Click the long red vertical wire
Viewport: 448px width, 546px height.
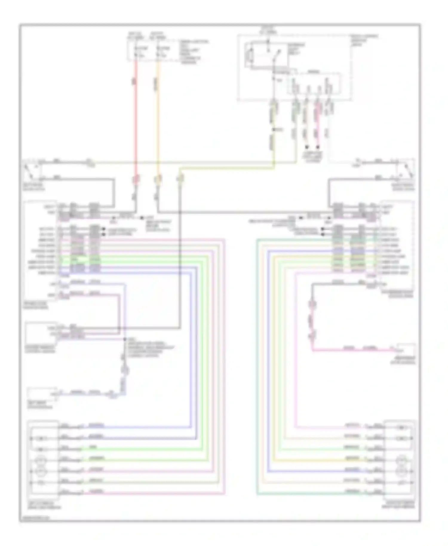(x=136, y=119)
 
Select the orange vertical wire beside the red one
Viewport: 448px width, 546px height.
(x=158, y=119)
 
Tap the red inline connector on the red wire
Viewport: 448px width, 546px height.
(x=136, y=180)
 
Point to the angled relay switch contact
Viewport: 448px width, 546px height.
(x=277, y=56)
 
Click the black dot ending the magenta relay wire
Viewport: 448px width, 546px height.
(x=318, y=147)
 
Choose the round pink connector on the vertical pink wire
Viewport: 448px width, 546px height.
(x=312, y=305)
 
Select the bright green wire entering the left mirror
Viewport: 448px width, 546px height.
(x=149, y=449)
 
